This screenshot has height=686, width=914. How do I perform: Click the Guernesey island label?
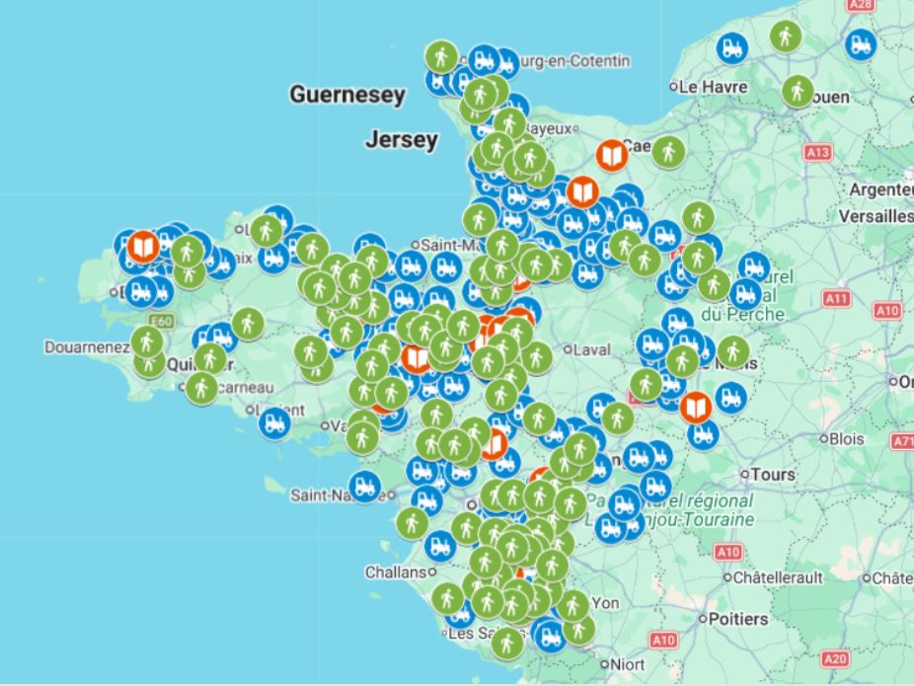346,96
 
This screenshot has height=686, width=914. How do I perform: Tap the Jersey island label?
401,140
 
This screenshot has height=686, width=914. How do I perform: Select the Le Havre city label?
713,87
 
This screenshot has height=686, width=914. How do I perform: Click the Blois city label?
847,438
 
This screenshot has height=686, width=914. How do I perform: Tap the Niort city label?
628,663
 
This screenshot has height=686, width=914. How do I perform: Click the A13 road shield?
817,153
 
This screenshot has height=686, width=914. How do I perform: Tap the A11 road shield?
837,298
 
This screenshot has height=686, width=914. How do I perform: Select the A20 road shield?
835,658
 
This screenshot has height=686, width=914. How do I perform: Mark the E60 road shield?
161,322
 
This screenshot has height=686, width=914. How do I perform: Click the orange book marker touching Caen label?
613,155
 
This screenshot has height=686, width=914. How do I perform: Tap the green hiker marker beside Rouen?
798,92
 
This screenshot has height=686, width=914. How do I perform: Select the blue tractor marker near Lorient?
274,422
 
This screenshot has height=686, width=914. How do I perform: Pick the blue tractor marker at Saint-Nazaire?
365,486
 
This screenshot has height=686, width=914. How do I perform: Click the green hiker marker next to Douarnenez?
147,343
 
